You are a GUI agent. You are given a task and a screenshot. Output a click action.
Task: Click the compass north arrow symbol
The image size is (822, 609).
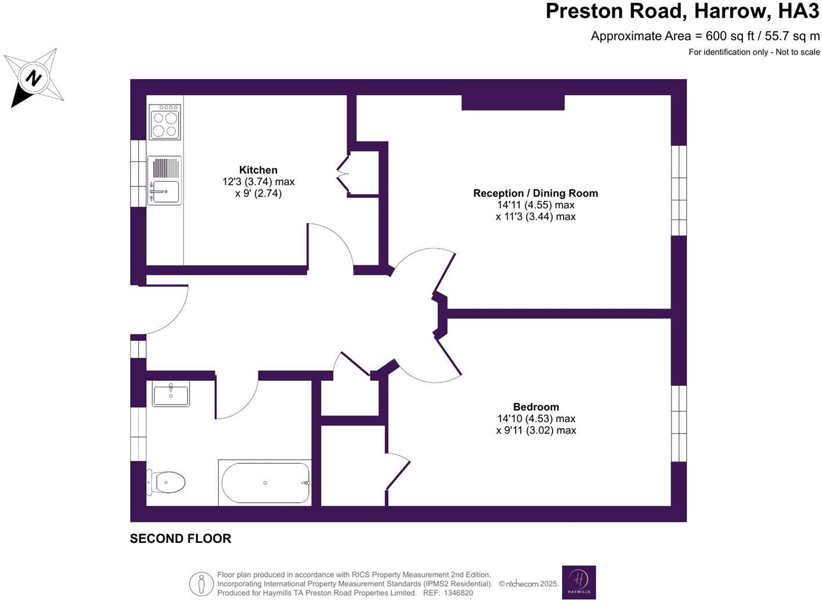click(34, 78)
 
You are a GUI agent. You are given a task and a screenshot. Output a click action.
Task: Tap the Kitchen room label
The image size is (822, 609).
click(258, 170)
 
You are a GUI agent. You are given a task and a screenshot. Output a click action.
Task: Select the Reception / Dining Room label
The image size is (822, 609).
click(535, 193)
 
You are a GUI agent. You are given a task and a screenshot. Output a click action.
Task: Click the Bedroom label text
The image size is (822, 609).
click(536, 407)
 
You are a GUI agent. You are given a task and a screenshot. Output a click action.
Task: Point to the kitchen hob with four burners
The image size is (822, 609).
click(165, 122)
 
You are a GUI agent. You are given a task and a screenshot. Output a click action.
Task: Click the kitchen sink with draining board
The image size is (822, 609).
click(165, 181)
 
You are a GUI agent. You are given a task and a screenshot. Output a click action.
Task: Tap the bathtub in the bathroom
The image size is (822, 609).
click(265, 483)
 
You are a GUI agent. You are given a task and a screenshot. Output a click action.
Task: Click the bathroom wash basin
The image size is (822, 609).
click(171, 394)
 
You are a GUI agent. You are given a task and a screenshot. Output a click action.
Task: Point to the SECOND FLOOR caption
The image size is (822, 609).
click(181, 539)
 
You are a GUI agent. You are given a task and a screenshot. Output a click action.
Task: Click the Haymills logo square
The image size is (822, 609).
click(579, 582)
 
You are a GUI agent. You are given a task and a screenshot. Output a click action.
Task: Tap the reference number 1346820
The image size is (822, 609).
click(458, 593)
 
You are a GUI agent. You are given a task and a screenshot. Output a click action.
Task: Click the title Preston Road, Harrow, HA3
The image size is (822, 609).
click(682, 12)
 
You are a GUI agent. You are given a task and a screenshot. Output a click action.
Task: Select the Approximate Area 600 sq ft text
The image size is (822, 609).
click(705, 36)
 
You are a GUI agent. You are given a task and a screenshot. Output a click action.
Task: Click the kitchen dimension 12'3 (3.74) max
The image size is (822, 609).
click(258, 182)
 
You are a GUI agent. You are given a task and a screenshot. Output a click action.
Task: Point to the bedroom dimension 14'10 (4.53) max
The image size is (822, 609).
click(536, 419)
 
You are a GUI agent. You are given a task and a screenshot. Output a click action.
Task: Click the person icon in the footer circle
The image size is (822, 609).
click(201, 583)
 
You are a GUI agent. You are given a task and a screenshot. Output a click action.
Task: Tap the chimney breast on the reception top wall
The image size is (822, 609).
click(513, 103)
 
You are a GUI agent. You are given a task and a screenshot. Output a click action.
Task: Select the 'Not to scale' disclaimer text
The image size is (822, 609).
click(798, 52)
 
